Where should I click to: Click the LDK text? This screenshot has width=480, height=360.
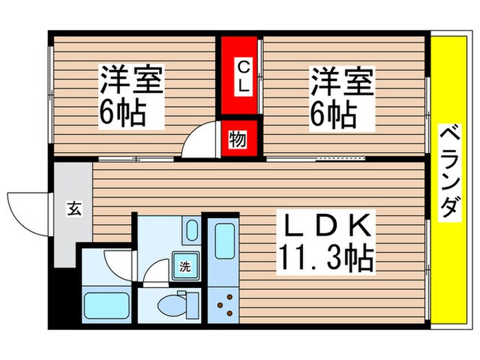pyautogui.click(x=326, y=227)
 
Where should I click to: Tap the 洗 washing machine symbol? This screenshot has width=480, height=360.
pyautogui.click(x=185, y=266)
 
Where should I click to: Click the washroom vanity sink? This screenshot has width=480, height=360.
pyautogui.click(x=192, y=230)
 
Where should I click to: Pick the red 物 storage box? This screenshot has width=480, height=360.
pyautogui.click(x=240, y=139)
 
